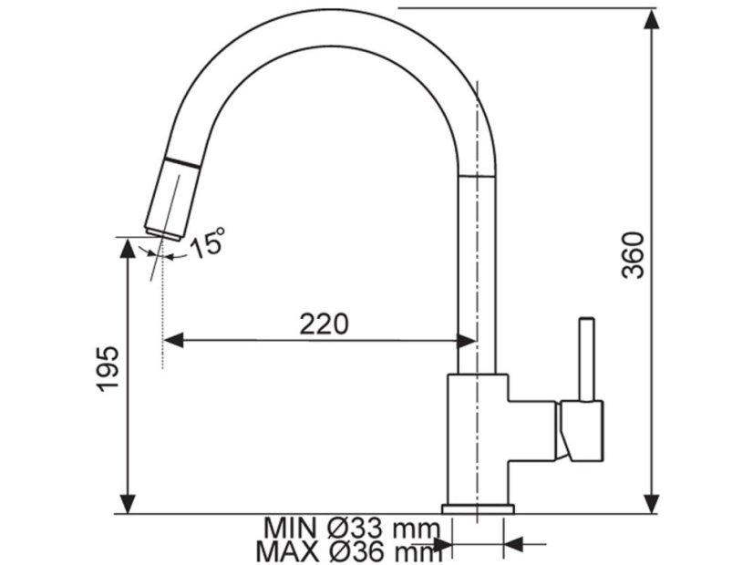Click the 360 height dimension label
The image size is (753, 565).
(x=633, y=255)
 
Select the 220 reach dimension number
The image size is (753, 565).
(x=324, y=324)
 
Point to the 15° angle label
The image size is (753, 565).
(x=208, y=243)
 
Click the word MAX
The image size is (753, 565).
(x=287, y=552)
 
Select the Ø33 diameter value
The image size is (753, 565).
(x=356, y=529)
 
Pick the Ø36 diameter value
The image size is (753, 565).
(x=356, y=552)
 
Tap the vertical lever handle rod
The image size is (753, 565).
(x=586, y=359)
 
